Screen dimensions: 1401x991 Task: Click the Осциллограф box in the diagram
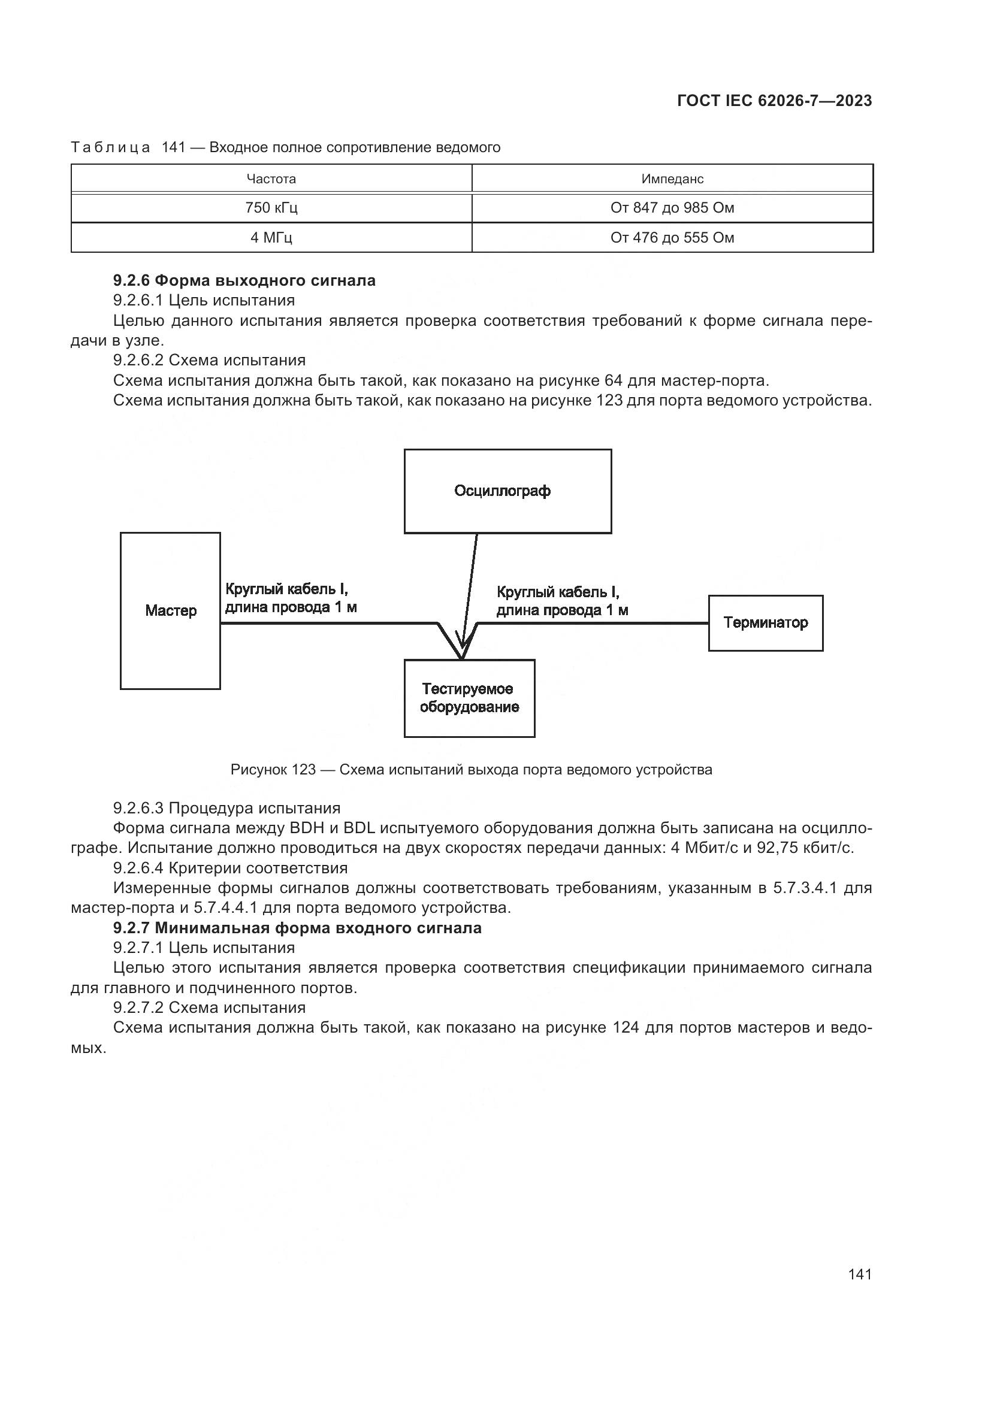point(507,491)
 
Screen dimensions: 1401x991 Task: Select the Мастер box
point(170,611)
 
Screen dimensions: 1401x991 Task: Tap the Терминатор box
point(765,623)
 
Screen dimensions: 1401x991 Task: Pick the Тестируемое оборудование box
point(469,698)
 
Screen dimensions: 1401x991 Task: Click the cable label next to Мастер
point(291,598)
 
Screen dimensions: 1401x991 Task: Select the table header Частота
point(271,178)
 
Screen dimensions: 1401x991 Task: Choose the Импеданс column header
point(672,178)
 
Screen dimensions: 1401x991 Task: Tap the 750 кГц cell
point(271,208)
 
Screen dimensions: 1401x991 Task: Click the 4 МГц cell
point(271,237)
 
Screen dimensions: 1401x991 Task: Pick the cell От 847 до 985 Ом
point(672,208)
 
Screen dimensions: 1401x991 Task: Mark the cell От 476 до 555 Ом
point(672,237)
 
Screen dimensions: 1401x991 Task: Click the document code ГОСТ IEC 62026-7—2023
point(774,101)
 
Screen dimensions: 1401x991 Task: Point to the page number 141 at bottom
point(859,1274)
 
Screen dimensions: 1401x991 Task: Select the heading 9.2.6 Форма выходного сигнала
point(244,281)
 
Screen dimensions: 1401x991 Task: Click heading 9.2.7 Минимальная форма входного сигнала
point(297,928)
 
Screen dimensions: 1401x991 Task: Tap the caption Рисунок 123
point(470,770)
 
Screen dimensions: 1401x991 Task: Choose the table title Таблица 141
point(285,148)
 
